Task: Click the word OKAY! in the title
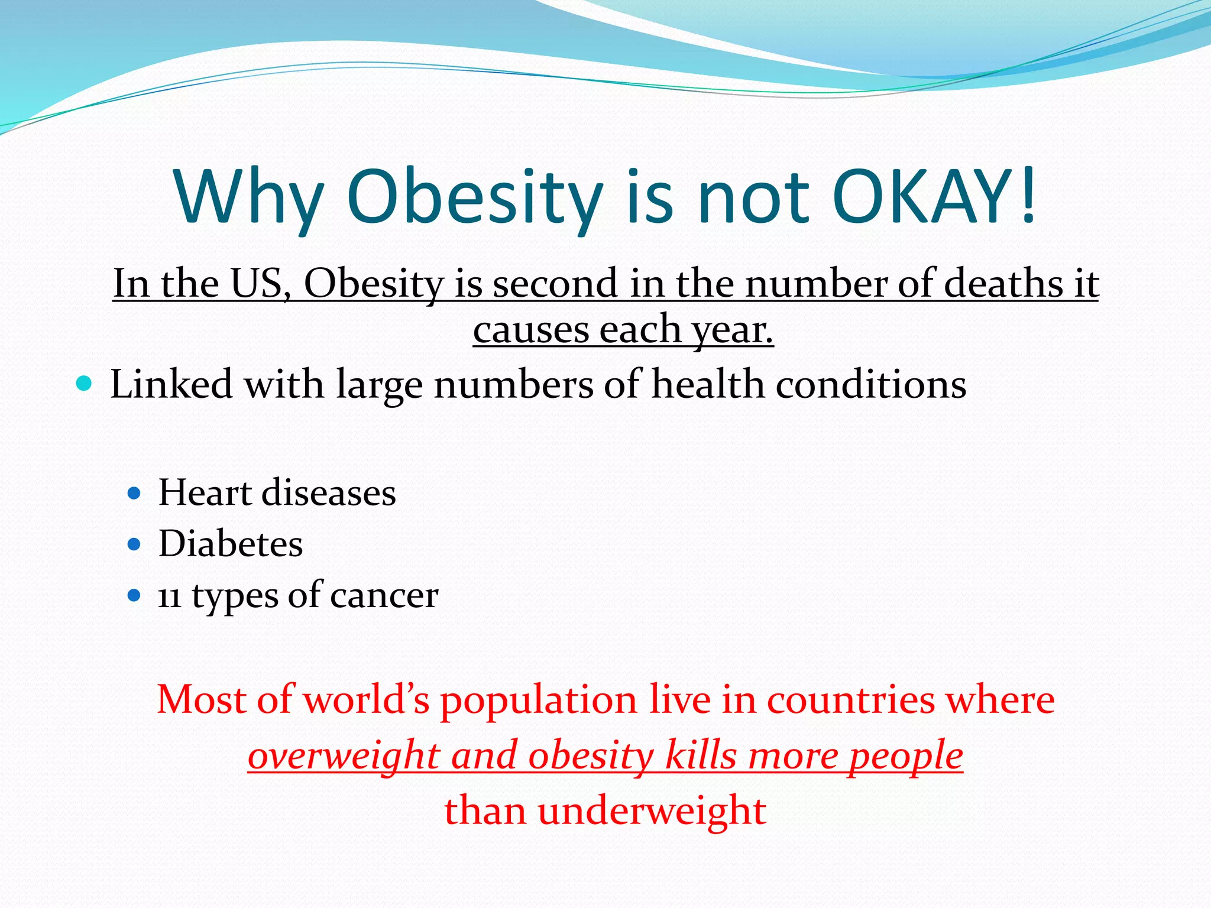click(934, 196)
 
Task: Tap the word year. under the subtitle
click(733, 330)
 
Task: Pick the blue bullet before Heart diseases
click(134, 492)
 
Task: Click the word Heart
click(205, 492)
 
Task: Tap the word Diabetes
click(231, 544)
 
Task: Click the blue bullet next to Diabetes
click(134, 544)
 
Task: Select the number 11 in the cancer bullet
click(169, 596)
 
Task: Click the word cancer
click(384, 596)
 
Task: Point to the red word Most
click(202, 700)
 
